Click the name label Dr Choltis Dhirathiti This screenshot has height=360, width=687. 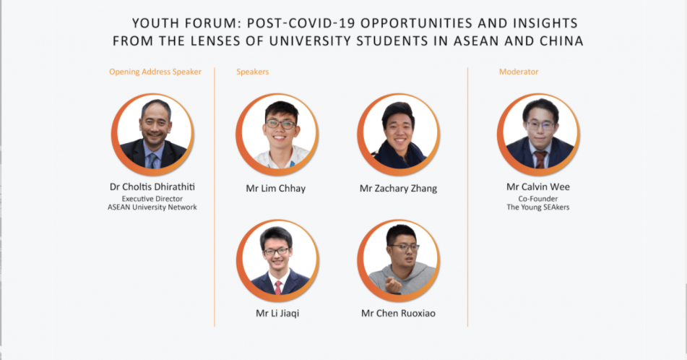(152, 187)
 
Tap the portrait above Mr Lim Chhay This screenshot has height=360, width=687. (277, 134)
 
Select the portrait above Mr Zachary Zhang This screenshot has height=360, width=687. (399, 134)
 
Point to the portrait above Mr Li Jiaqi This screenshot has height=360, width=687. (277, 260)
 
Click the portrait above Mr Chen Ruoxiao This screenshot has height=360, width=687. (399, 260)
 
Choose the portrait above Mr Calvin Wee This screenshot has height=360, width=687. (538, 134)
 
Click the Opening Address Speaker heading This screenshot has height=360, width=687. (155, 72)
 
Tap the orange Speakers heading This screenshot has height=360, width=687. (253, 72)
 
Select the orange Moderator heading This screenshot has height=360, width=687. (519, 72)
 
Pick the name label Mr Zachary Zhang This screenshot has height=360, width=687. (398, 189)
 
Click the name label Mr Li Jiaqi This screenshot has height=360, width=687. (277, 313)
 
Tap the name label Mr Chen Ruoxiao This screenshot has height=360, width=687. (398, 313)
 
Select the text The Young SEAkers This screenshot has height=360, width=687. (538, 207)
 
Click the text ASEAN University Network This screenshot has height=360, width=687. (152, 207)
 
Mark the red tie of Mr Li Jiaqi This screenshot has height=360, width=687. (278, 288)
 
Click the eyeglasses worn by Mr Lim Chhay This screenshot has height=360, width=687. (280, 124)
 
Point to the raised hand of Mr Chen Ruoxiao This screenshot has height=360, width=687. (393, 286)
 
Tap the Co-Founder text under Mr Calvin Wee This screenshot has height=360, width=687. (538, 199)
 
